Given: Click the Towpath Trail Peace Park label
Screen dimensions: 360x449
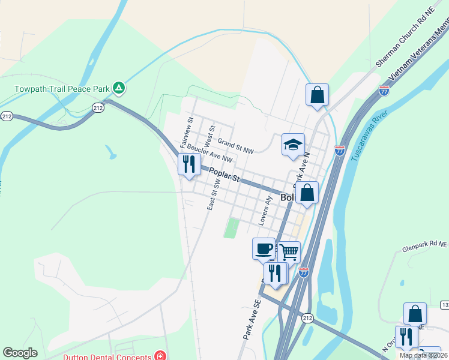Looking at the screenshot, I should (62, 89).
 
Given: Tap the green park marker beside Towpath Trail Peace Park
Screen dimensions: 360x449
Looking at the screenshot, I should (119, 89).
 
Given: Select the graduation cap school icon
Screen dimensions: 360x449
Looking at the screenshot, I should (293, 145).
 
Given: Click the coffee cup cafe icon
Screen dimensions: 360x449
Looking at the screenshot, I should (264, 248).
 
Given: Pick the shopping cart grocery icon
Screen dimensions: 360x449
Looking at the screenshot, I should (289, 252).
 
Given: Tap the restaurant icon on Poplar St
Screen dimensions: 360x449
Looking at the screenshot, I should (190, 164).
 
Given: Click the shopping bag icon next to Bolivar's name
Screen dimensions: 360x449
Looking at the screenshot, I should (307, 193).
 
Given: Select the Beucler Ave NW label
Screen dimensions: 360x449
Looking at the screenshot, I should (209, 153).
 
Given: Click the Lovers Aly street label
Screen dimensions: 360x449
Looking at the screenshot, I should (265, 211).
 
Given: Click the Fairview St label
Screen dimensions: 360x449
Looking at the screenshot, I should (187, 133).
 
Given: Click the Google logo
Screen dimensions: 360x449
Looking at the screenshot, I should (20, 353).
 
